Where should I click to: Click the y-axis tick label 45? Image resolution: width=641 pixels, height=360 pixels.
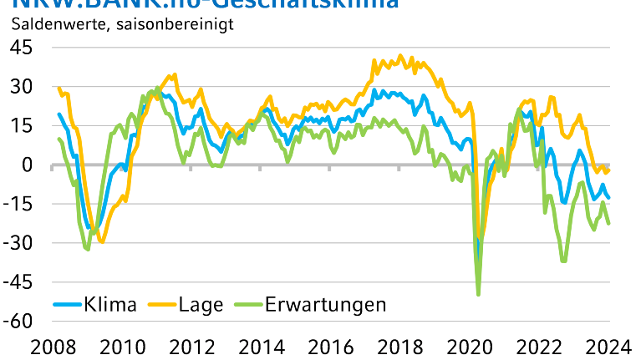tap(23, 48)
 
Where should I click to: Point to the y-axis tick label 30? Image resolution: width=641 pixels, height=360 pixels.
tap(23, 87)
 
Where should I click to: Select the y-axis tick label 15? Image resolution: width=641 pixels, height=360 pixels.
tap(23, 126)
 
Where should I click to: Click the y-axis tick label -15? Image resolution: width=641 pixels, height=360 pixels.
tap(18, 205)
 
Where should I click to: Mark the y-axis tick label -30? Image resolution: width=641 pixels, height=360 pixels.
tap(18, 244)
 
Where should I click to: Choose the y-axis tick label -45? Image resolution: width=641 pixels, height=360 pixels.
tap(18, 283)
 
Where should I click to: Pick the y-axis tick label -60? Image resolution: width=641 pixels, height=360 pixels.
tap(18, 322)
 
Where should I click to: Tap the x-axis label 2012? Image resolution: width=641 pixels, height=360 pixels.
tap(191, 346)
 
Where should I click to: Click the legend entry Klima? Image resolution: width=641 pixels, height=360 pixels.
tap(109, 304)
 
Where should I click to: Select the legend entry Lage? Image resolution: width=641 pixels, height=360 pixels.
tap(201, 304)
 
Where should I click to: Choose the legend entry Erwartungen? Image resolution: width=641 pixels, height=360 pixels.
tap(327, 304)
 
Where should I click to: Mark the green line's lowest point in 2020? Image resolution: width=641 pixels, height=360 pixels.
tap(478, 294)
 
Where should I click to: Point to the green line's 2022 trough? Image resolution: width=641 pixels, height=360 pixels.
tap(563, 261)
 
